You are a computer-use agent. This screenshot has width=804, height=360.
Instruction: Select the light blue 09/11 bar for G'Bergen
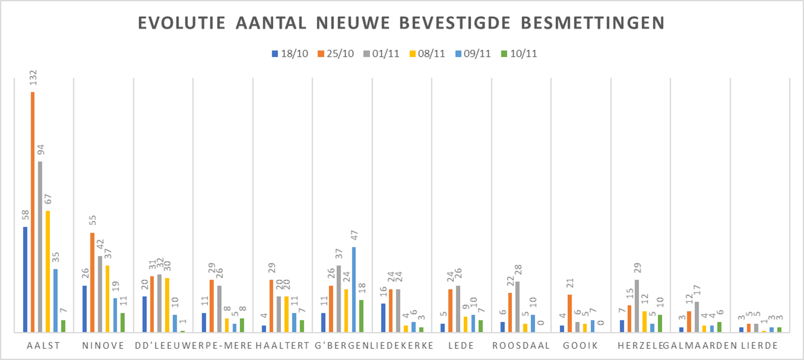354,289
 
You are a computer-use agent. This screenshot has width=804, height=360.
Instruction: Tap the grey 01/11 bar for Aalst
40,246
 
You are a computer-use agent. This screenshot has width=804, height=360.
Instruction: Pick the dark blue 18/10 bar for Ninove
85,309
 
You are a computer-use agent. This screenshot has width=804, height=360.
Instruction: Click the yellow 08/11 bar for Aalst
48,272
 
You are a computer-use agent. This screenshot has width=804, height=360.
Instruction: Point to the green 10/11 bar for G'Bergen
361,316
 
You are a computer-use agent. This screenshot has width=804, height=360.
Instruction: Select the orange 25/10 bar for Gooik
569,313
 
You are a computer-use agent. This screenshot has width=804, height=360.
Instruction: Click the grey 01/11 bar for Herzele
636,306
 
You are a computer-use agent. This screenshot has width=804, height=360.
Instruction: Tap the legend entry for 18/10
290,54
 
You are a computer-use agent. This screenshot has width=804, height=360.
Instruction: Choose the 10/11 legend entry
519,54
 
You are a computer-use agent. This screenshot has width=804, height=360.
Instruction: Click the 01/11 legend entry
381,54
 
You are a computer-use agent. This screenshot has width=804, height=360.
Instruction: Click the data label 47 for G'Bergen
354,235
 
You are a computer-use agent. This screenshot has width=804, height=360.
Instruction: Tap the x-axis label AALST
44,346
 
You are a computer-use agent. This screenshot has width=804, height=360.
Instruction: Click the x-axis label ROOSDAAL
521,346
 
